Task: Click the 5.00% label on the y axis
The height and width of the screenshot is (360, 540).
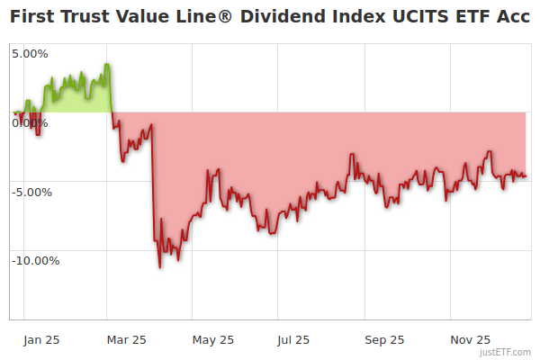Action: [30, 54]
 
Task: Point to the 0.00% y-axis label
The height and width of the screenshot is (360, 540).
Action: [30, 123]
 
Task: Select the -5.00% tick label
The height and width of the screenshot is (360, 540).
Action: [32, 192]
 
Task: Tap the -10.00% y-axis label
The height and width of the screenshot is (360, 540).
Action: [35, 261]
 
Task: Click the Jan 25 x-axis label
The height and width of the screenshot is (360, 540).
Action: [41, 340]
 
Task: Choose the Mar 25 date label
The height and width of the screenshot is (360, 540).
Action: [126, 340]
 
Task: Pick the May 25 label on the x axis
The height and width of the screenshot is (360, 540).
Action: [213, 340]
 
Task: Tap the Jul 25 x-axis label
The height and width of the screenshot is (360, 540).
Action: [293, 340]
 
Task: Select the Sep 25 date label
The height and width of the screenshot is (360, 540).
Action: [384, 340]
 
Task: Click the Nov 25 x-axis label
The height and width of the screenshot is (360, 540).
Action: [471, 340]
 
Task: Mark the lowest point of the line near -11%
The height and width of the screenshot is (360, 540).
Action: [160, 267]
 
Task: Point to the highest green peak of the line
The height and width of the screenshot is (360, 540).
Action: [107, 64]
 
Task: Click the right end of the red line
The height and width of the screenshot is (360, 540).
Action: [526, 176]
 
